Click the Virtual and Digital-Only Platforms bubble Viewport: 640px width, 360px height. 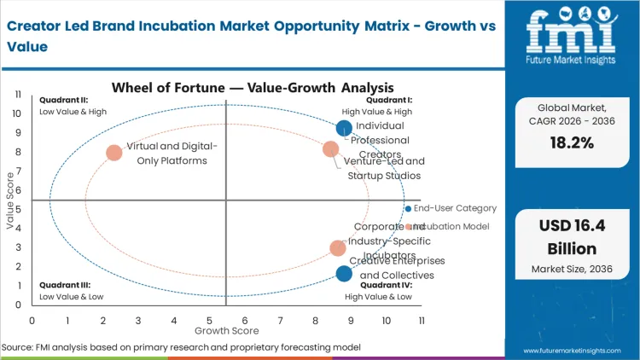click(x=114, y=154)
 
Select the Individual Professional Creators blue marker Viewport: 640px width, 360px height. click(x=344, y=129)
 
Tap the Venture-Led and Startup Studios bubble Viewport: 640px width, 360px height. click(x=331, y=149)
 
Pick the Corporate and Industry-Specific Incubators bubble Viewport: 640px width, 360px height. click(x=338, y=248)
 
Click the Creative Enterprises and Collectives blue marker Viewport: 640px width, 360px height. click(x=344, y=274)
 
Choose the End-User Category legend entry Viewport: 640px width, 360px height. click(x=454, y=208)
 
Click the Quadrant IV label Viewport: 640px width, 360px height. click(x=377, y=285)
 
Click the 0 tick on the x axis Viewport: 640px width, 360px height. click(x=32, y=320)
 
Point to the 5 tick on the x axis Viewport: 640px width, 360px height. click(x=209, y=320)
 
